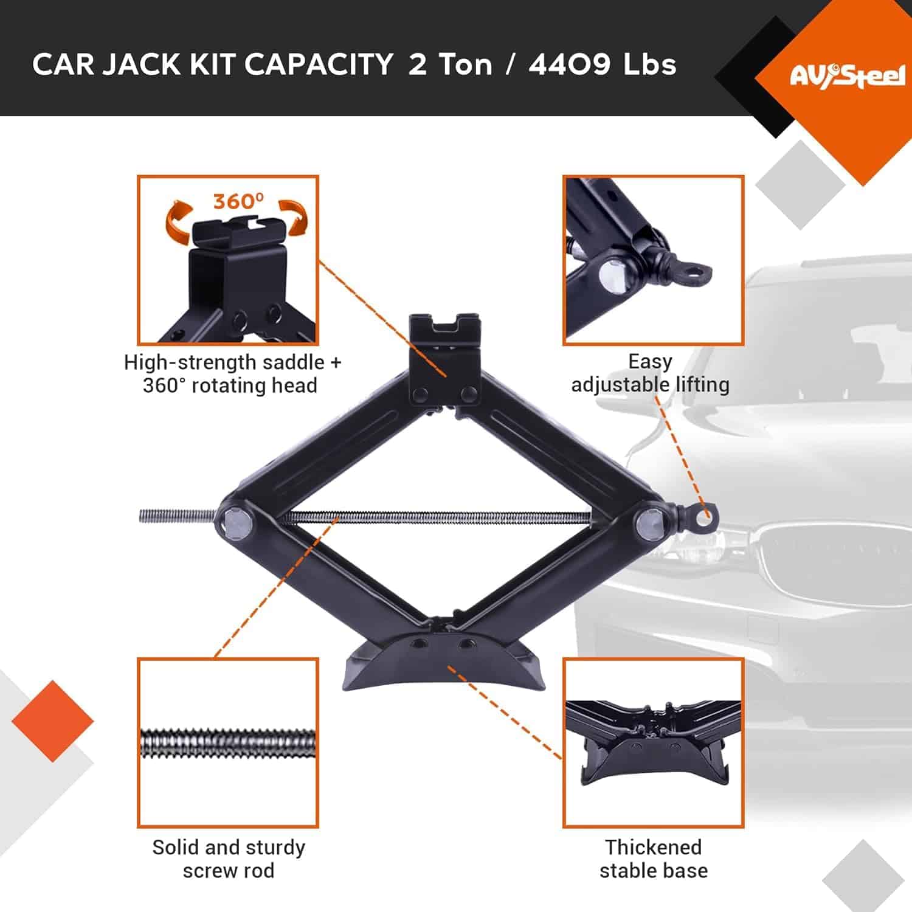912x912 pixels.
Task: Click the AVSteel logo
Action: (847, 76)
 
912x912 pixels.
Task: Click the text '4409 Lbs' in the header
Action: (602, 64)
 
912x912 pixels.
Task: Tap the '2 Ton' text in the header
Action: (449, 64)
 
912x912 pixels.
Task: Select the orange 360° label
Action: (238, 201)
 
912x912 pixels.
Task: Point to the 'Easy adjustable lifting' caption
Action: (650, 373)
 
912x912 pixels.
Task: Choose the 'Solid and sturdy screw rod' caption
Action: (229, 858)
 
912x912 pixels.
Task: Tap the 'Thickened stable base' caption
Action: (653, 858)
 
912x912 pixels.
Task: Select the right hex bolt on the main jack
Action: (650, 522)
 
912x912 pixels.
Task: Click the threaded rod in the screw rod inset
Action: (228, 743)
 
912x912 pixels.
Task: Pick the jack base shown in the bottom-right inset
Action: (654, 748)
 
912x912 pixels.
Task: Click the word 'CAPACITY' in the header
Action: (319, 64)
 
